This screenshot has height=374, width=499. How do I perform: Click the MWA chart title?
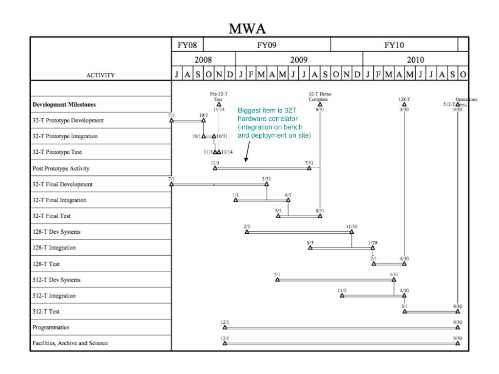(x=248, y=29)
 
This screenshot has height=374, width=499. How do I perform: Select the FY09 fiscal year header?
(x=267, y=45)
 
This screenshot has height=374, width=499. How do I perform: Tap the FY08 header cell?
(x=187, y=45)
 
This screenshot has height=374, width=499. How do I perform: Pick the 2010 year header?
(x=416, y=60)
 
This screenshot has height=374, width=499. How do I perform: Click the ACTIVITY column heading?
(x=100, y=75)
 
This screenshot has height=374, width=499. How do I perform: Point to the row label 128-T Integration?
(x=54, y=248)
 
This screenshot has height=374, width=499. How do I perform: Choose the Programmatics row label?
(x=51, y=328)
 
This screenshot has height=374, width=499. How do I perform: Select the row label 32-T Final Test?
(x=52, y=216)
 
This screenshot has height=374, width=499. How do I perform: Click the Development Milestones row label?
(x=64, y=105)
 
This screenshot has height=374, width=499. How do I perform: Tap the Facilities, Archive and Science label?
(x=70, y=343)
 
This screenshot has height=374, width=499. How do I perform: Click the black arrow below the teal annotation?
(x=248, y=151)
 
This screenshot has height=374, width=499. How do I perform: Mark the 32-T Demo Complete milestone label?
(x=320, y=96)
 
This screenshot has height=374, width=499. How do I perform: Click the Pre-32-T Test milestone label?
(x=219, y=96)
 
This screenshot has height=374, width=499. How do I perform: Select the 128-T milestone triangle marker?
(x=404, y=104)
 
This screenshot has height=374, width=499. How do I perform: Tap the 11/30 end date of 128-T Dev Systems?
(x=352, y=226)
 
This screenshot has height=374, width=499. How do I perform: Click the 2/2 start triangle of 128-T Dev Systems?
(x=247, y=232)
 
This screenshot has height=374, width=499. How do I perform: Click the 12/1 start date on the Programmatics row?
(x=225, y=322)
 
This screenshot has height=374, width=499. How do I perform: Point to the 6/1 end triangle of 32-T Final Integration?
(x=288, y=200)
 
